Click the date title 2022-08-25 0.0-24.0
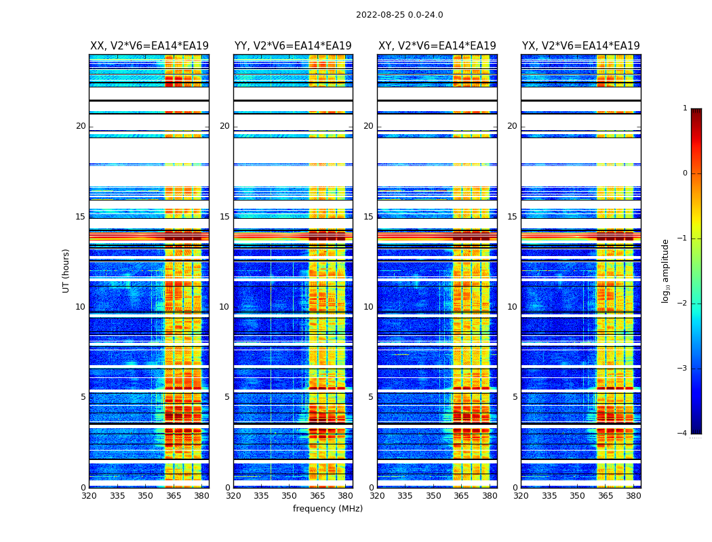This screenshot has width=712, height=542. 399,15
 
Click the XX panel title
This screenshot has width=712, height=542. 149,46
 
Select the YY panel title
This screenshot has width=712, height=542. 293,46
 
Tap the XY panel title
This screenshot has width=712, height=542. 437,46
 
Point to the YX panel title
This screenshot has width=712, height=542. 580,46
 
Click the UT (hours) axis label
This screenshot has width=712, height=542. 66,270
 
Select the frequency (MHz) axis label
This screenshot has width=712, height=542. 328,509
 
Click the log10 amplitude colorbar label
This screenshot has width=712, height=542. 666,270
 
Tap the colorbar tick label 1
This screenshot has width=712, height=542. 685,108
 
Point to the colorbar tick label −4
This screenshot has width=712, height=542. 683,434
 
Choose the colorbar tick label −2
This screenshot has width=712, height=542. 683,304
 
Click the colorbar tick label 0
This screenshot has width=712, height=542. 685,173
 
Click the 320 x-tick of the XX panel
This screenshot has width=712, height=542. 90,496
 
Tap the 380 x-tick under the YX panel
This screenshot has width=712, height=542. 633,496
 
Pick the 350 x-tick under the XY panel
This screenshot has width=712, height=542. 433,496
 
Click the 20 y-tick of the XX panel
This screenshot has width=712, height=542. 81,126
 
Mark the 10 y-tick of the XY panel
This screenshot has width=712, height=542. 368,307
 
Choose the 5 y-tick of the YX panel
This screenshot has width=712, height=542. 515,397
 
